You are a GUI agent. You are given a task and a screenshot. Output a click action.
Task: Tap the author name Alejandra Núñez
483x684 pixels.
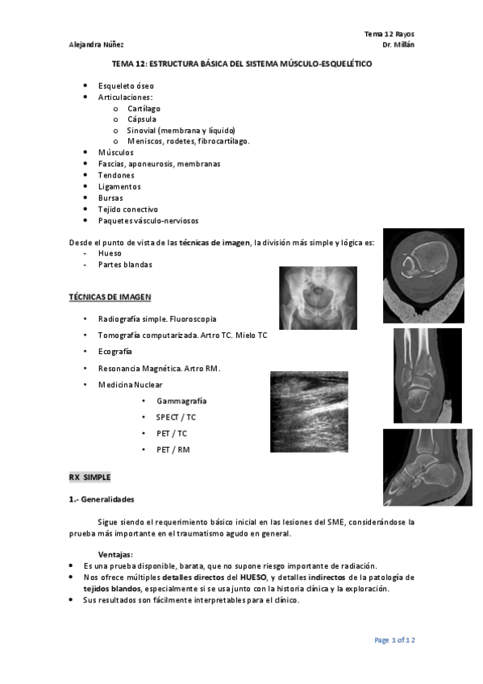tap(96, 44)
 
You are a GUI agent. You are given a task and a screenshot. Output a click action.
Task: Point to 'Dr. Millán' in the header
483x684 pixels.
tap(398, 44)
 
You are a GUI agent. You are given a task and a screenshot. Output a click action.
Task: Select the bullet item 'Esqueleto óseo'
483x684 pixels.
tap(126, 85)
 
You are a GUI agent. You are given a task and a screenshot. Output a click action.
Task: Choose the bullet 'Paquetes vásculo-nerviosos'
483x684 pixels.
tap(148, 220)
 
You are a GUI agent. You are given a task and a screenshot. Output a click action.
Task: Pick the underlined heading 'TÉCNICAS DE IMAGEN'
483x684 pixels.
tap(110, 297)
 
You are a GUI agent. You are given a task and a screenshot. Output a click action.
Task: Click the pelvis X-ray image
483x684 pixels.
tap(318, 298)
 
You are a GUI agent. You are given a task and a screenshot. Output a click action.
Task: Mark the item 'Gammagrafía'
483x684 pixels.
tap(181, 401)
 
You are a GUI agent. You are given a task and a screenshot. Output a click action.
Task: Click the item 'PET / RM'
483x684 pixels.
tap(173, 449)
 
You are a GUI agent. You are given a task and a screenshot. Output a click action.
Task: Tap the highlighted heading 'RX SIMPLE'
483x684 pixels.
tap(90, 478)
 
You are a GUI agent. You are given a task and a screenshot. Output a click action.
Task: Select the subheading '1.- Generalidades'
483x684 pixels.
tap(102, 499)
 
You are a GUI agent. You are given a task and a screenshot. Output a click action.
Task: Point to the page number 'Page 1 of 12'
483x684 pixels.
tap(394, 640)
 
